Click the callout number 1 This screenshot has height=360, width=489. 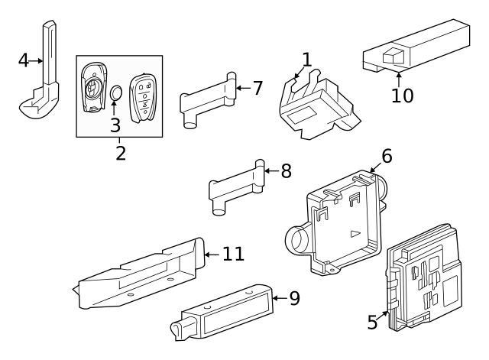[306, 59]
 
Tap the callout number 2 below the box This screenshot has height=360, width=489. [120, 152]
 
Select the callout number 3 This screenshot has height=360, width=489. [115, 124]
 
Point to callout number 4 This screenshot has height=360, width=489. [24, 60]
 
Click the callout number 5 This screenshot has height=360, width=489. [372, 323]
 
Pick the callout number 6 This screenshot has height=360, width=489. [387, 156]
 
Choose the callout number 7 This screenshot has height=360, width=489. [257, 88]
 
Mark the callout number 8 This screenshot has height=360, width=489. [286, 170]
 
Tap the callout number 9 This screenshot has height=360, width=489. [294, 298]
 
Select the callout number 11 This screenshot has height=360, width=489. [233, 253]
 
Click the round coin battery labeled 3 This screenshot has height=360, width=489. [115, 94]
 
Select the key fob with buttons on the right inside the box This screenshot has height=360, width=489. [143, 97]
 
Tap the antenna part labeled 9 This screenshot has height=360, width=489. [222, 313]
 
